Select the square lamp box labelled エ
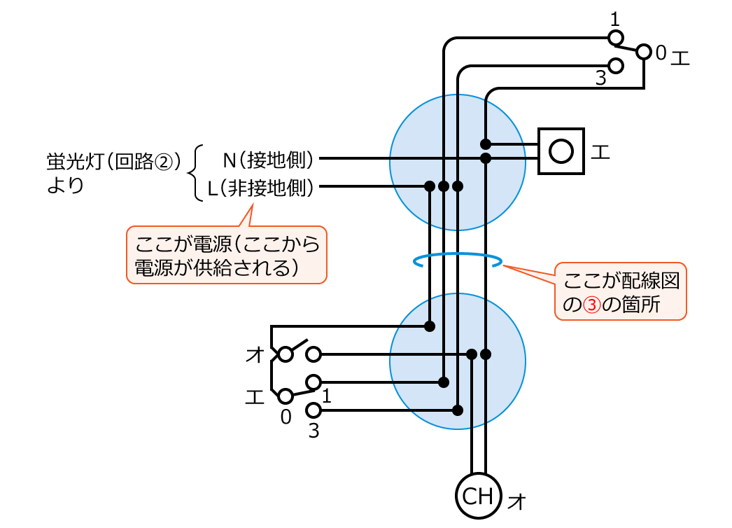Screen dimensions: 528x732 (x=561, y=151)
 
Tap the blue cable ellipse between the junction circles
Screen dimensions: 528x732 (x=458, y=261)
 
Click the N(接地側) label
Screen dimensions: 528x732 (x=267, y=160)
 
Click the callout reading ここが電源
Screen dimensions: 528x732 (x=226, y=255)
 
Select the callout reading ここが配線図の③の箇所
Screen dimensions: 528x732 (x=620, y=292)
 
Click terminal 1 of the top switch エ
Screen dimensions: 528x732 (x=616, y=37)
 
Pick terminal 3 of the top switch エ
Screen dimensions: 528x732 (x=616, y=65)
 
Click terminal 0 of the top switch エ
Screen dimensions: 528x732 (x=643, y=51)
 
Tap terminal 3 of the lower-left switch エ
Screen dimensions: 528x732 (x=314, y=410)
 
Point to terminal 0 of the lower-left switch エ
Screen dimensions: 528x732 (x=286, y=396)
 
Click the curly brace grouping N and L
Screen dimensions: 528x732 (x=197, y=173)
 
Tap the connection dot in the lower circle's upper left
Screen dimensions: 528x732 (x=430, y=326)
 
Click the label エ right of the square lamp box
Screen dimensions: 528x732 (x=600, y=151)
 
